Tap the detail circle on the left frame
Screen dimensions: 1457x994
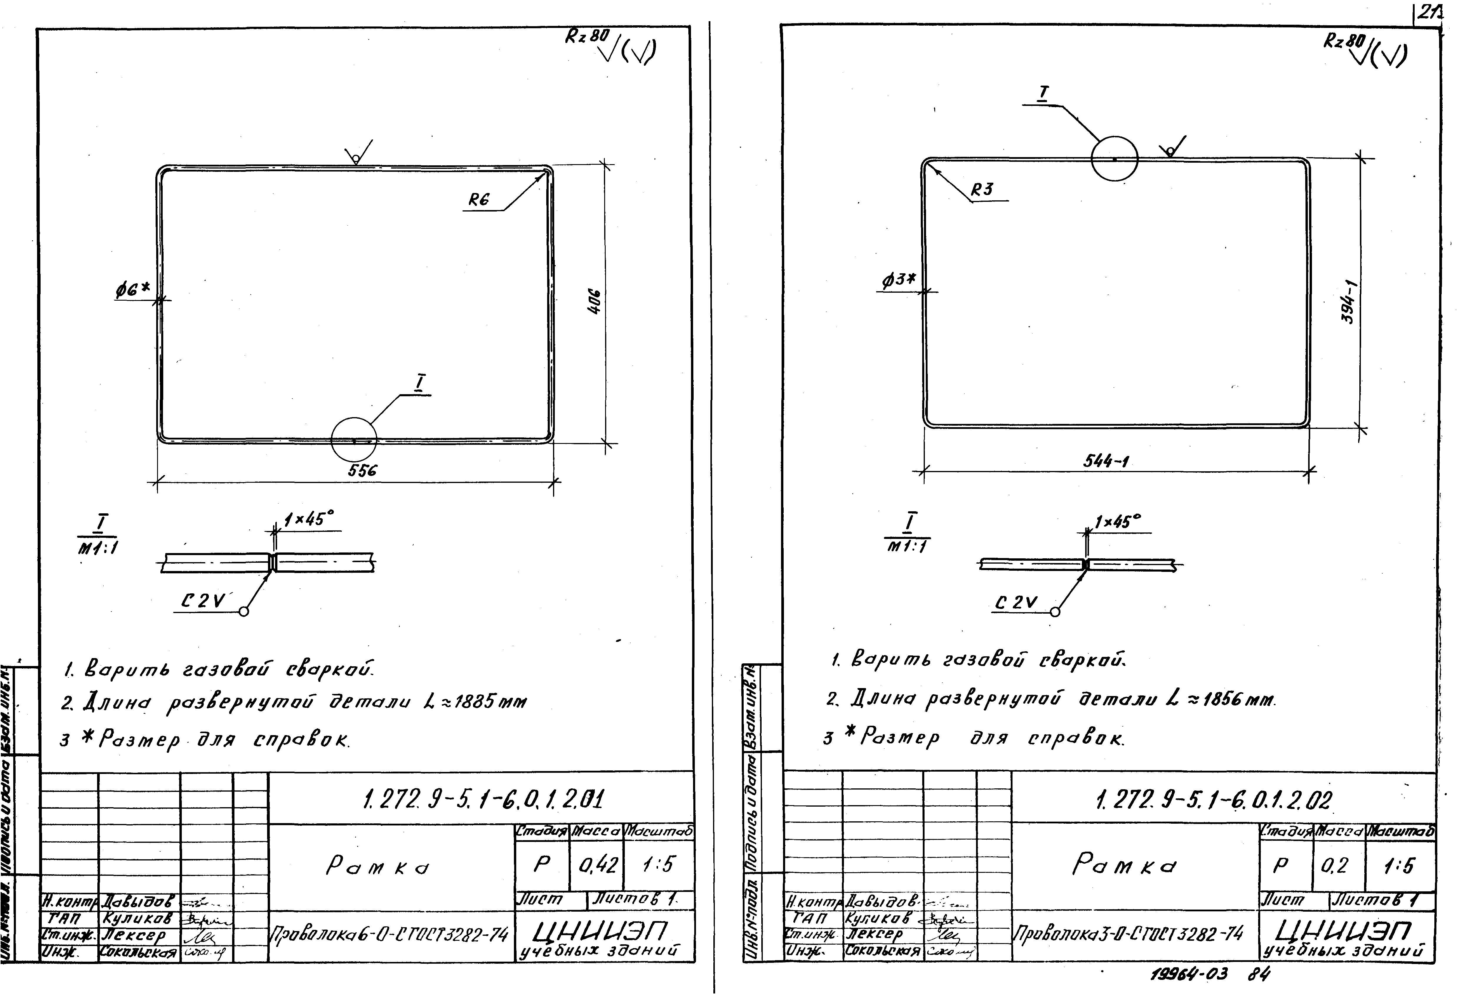pos(354,439)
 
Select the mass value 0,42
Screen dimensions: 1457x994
pos(597,865)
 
